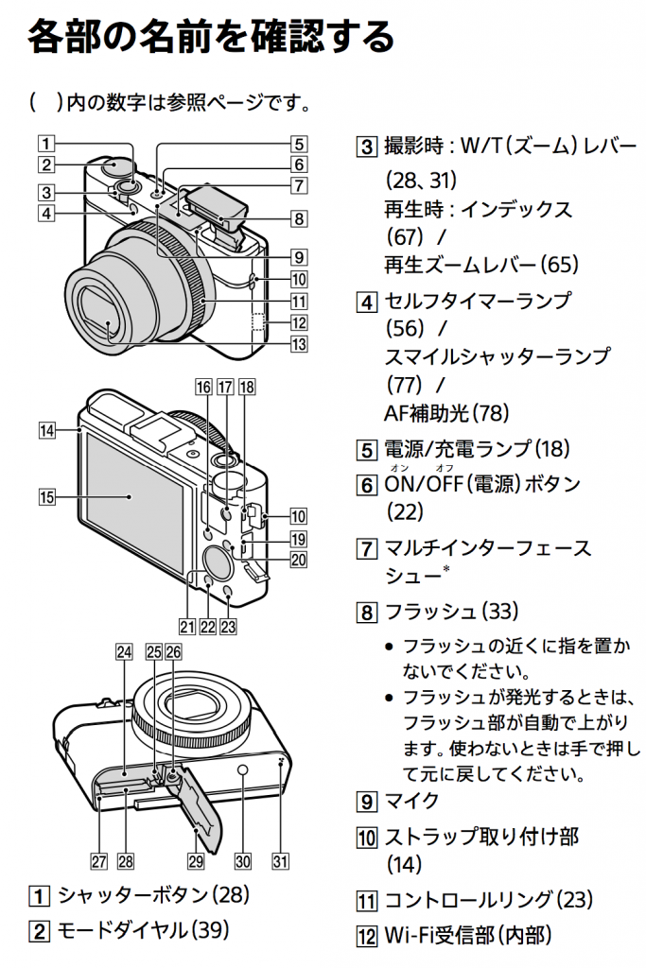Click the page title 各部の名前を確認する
(211, 38)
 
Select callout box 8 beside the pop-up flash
(298, 218)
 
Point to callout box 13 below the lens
(298, 344)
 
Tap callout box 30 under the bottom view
(243, 860)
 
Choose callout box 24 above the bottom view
(123, 651)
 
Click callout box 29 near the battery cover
(196, 860)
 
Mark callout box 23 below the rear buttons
(228, 625)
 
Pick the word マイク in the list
(411, 801)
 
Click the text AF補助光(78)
(445, 412)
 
